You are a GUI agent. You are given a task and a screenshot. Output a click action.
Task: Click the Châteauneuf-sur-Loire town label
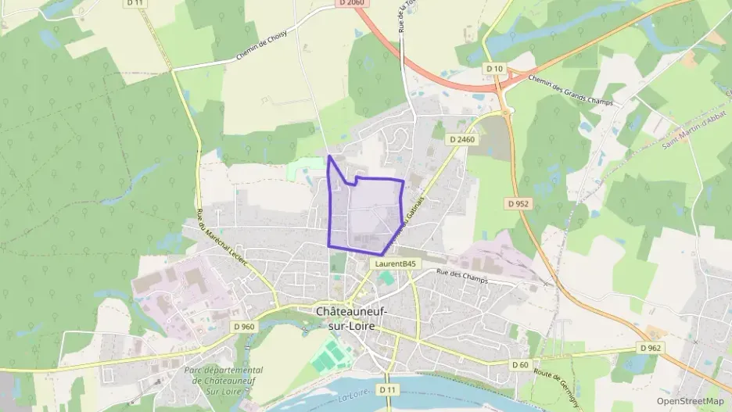[351, 317]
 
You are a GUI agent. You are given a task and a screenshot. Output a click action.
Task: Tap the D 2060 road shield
[353, 4]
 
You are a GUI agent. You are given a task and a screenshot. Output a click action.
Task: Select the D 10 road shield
[494, 69]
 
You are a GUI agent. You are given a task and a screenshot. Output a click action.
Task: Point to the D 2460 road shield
[462, 139]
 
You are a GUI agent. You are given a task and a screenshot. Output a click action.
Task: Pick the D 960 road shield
[244, 327]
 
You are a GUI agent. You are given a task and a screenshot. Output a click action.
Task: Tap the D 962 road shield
[649, 347]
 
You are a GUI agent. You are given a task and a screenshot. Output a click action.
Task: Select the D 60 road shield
[520, 364]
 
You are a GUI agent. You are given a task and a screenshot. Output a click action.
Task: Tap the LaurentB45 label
[395, 264]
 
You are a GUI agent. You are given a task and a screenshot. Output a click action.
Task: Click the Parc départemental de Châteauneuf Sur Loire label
[223, 379]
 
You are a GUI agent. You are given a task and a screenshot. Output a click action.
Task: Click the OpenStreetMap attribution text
[690, 401]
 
